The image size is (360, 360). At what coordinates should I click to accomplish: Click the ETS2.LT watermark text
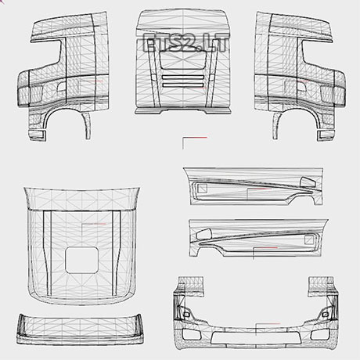point(185,42)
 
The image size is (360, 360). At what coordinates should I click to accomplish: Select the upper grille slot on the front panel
point(182,77)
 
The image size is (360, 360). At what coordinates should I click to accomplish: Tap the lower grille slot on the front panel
point(182,85)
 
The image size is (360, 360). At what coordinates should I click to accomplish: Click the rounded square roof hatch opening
point(81,261)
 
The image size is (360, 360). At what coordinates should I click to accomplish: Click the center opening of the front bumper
point(256,338)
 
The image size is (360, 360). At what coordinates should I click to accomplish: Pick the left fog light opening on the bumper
point(192,334)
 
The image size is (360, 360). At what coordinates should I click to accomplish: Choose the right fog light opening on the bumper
point(320,334)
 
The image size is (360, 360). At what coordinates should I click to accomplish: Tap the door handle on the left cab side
point(62,87)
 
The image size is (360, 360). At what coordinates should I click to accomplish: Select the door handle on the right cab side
point(301,87)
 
